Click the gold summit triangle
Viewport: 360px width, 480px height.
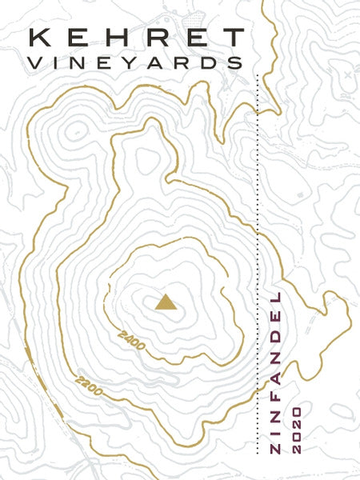pyautogui.click(x=165, y=302)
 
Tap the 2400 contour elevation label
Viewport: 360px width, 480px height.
pyautogui.click(x=130, y=340)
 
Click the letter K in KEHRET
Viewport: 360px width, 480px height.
pyautogui.click(x=38, y=38)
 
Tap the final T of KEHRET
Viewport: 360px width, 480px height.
pyautogui.click(x=232, y=38)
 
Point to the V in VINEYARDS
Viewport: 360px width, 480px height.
pyautogui.click(x=36, y=62)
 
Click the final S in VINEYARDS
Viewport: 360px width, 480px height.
pyautogui.click(x=232, y=62)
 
